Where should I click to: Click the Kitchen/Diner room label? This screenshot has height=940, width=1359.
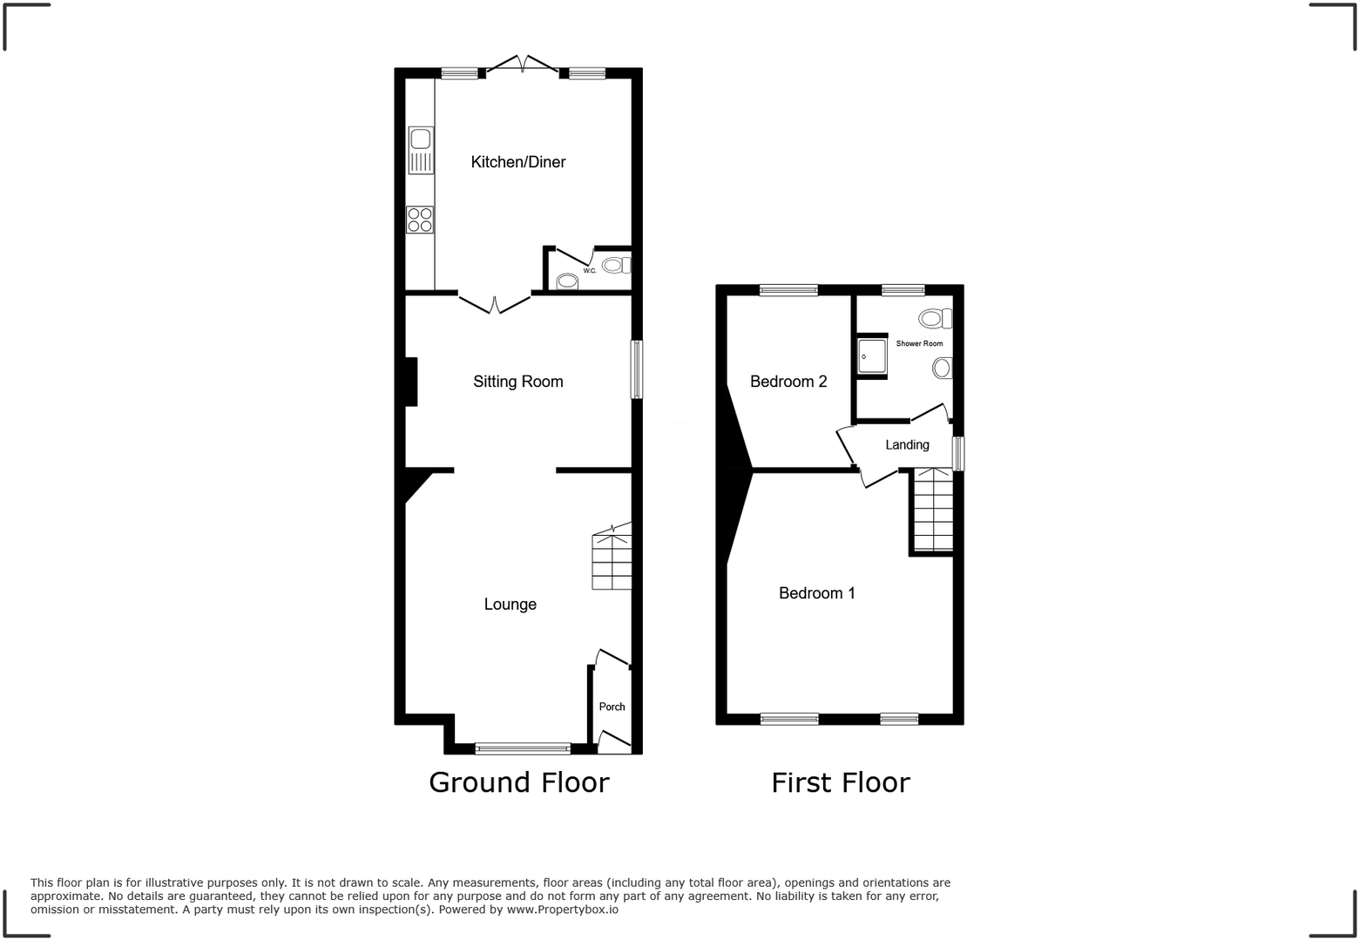(x=518, y=162)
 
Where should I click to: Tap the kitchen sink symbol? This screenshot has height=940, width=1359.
(x=421, y=150)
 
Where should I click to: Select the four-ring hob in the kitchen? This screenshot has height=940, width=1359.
(x=420, y=220)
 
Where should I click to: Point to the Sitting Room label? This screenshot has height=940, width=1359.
(x=518, y=382)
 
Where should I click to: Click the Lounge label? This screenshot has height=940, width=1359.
(x=510, y=605)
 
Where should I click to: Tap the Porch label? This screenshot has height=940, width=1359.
(x=612, y=707)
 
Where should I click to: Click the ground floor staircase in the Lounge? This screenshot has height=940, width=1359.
(x=612, y=562)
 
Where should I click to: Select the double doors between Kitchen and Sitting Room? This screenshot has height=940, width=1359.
(x=495, y=303)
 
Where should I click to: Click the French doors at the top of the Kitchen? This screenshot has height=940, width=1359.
(x=522, y=65)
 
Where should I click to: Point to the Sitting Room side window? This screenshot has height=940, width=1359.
(x=637, y=369)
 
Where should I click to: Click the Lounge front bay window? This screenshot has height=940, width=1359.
(x=523, y=747)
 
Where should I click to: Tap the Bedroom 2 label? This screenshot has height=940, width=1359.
(x=788, y=382)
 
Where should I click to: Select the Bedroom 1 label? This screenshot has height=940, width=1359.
(x=816, y=593)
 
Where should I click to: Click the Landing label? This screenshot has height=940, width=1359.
(x=907, y=445)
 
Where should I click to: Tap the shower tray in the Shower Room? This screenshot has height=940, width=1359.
(x=871, y=355)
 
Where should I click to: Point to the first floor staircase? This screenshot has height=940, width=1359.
(x=932, y=510)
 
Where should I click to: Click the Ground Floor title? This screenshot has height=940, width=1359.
(x=519, y=782)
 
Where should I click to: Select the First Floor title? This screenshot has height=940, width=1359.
(x=841, y=782)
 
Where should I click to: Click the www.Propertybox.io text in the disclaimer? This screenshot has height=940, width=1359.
(x=563, y=910)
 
